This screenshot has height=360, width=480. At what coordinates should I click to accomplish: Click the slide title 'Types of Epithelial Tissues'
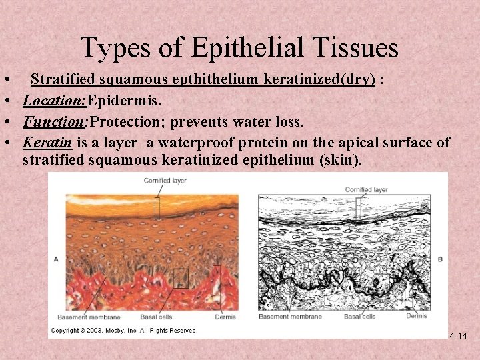click(x=239, y=48)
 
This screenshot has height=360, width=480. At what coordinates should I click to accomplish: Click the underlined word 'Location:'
click(x=55, y=101)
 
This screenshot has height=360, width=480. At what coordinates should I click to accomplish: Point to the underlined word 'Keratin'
click(x=47, y=143)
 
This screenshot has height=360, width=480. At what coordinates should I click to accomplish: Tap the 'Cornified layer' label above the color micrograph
click(x=166, y=181)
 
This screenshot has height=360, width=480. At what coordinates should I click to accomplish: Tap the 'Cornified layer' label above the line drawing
click(x=366, y=189)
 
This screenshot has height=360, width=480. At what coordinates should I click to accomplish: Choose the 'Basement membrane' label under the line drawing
click(x=290, y=316)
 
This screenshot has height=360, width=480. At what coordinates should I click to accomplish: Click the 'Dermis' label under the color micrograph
click(x=225, y=317)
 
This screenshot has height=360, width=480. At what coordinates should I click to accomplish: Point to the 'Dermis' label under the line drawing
click(x=417, y=315)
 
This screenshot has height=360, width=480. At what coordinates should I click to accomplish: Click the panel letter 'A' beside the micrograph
click(x=55, y=259)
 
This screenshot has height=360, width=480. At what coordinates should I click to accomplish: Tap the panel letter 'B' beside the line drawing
click(x=441, y=259)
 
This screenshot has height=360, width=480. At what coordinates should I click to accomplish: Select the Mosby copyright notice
click(x=125, y=331)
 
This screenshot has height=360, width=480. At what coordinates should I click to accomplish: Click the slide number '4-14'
click(x=458, y=336)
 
